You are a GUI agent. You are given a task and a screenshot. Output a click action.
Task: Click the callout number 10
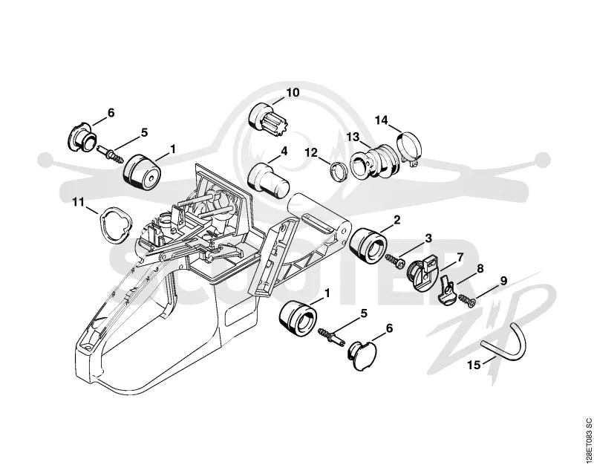[x=293, y=92]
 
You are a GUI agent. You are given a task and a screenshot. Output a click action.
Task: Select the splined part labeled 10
[x=269, y=120]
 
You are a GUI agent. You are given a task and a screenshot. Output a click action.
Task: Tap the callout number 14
[x=382, y=120]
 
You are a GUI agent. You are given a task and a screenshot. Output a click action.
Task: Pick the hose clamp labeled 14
[x=407, y=147]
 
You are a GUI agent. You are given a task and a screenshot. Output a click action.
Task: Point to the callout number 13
[x=353, y=137]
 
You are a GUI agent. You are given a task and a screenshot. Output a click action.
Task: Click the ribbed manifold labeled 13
[x=373, y=162]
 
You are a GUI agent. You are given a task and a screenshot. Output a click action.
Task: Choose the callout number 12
[x=311, y=153]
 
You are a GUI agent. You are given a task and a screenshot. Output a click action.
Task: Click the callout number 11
[x=79, y=202]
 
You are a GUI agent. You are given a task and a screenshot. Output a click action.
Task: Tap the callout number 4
[x=284, y=152]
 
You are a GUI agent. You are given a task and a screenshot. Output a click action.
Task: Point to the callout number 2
[x=397, y=220]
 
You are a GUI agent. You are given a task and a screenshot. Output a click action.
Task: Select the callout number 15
[x=474, y=365]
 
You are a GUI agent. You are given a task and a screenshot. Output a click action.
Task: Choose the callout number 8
[x=480, y=269]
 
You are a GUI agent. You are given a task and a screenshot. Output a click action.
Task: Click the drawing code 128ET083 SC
[x=588, y=440]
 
